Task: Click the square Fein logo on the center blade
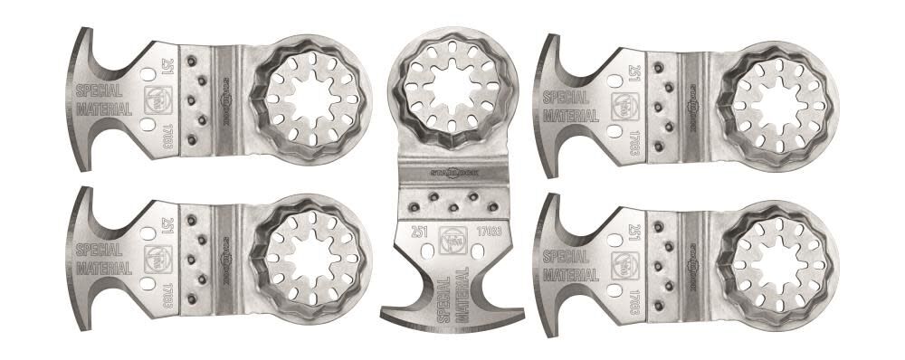pyautogui.click(x=455, y=237)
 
